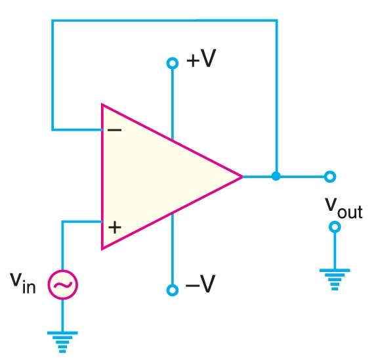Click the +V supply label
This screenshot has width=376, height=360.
coord(201,60)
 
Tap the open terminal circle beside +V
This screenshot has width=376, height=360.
coord(173,63)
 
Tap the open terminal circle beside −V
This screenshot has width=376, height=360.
coord(173,290)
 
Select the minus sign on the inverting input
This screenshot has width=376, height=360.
coord(114,129)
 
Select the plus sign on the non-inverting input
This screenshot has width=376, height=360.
coord(115,228)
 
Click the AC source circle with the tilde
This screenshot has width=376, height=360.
coord(63,284)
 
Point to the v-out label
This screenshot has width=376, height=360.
coord(344,207)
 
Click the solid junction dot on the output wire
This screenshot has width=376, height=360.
coord(276,176)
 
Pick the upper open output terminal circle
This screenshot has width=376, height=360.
coord(330,176)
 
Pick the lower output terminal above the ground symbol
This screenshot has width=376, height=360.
coord(335,227)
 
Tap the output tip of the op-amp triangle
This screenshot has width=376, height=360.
coord(242,176)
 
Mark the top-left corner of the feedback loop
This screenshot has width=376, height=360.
coord(52,20)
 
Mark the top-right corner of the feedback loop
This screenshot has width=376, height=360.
coord(276,20)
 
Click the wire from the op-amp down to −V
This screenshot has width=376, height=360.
coord(173,250)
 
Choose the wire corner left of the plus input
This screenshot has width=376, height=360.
coord(63,221)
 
